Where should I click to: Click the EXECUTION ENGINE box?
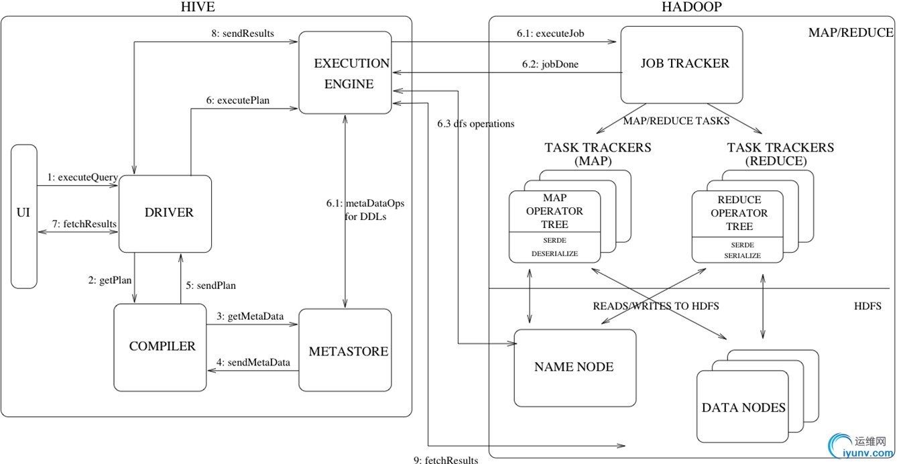click(x=345, y=73)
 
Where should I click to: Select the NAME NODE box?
click(x=574, y=367)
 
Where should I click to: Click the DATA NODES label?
click(x=743, y=407)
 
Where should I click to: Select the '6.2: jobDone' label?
click(x=550, y=65)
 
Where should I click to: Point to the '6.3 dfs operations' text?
click(x=475, y=124)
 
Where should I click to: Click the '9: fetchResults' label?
click(x=446, y=460)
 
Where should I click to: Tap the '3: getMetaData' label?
click(x=250, y=316)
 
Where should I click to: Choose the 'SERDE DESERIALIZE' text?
click(x=554, y=247)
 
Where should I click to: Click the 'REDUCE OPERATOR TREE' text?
click(x=739, y=213)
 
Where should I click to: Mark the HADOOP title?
click(x=682, y=7)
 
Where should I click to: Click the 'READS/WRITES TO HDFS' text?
click(x=656, y=306)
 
